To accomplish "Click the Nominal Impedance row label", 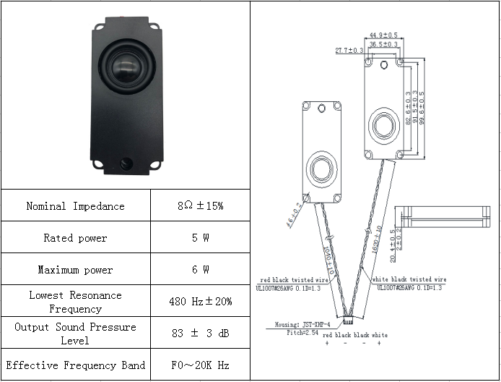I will (x=75, y=206).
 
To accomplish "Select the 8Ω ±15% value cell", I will (x=200, y=206).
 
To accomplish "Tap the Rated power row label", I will (x=75, y=238).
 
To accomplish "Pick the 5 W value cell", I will (x=200, y=238).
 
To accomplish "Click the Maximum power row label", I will (x=75, y=270).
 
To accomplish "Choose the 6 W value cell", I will (x=200, y=270).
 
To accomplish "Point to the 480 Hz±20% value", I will (x=200, y=301).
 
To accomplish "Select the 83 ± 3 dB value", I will (x=200, y=333).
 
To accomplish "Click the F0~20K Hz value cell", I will (x=200, y=365).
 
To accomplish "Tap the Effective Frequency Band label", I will (x=75, y=365).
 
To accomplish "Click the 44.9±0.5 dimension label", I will (x=383, y=35).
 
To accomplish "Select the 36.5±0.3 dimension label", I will (x=383, y=44).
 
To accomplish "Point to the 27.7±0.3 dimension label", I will (x=349, y=51).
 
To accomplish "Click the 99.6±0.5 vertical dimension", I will (x=422, y=107).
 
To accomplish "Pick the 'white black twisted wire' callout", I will (x=409, y=279).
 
